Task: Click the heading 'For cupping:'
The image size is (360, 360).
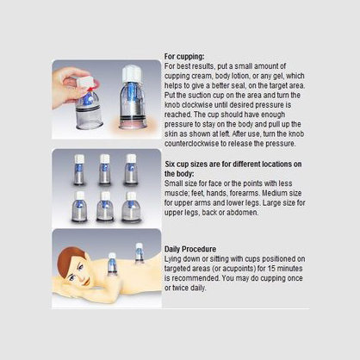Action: (184, 56)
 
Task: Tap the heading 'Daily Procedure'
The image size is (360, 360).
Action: (190, 249)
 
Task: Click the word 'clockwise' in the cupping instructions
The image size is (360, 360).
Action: (197, 105)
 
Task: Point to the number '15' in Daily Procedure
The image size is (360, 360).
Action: (271, 269)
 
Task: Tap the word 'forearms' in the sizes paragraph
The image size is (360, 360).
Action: (245, 193)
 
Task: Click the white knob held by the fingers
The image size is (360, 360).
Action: (85, 81)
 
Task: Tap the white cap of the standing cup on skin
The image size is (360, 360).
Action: (131, 74)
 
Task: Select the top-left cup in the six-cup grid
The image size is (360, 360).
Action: (79, 170)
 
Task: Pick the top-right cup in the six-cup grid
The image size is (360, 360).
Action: (131, 170)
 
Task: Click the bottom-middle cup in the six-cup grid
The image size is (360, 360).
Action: (105, 207)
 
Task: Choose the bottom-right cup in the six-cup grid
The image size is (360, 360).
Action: (131, 208)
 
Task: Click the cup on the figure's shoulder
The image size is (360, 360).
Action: (112, 264)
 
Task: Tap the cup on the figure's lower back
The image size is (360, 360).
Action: (140, 253)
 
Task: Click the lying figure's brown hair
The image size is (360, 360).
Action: (68, 260)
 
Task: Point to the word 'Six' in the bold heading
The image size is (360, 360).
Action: (170, 164)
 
